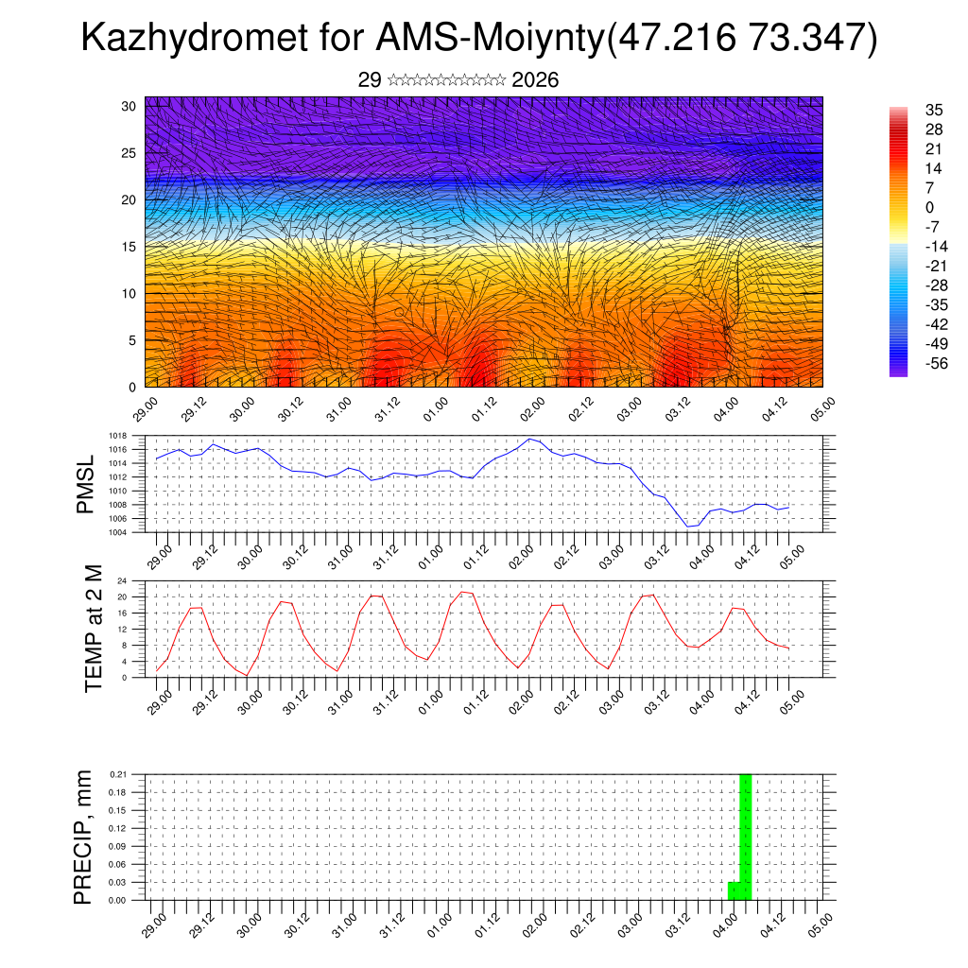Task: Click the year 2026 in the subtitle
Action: (535, 80)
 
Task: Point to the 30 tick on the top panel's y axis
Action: (129, 106)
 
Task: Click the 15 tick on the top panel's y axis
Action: (129, 247)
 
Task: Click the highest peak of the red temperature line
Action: (462, 592)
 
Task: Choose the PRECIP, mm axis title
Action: (83, 836)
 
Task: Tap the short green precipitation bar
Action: (734, 890)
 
